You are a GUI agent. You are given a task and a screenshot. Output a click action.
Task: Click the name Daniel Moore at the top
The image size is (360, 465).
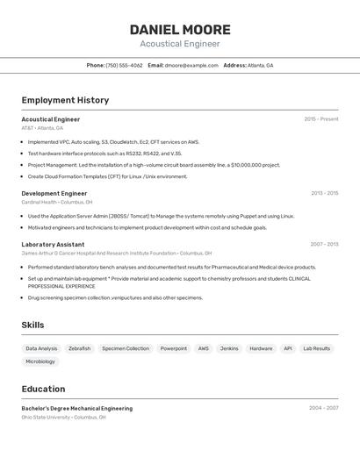(180, 29)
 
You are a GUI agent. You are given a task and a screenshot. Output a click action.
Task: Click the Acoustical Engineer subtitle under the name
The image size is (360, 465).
(180, 44)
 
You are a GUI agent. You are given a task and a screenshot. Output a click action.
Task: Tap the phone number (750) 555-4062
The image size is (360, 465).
(124, 65)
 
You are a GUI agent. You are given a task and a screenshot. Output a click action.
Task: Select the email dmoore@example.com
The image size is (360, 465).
(191, 65)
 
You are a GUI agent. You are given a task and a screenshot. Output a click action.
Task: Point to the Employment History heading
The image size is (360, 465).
(65, 100)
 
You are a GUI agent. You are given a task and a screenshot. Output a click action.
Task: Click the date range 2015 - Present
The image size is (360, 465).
(320, 119)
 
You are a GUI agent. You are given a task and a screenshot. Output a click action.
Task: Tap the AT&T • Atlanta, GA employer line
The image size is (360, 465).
(42, 128)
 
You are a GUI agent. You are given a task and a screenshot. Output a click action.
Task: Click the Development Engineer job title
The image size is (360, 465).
(54, 193)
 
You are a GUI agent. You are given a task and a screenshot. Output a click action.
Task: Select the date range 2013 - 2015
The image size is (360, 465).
(324, 193)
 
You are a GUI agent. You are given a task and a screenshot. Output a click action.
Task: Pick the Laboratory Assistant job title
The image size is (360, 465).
(53, 245)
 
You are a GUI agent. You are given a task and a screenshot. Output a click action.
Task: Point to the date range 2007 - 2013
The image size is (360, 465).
(324, 245)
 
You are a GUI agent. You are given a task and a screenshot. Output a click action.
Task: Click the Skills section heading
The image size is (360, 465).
(32, 325)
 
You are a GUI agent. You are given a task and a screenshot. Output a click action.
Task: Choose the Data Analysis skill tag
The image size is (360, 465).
(41, 348)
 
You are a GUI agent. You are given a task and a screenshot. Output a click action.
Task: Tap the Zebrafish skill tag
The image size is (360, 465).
(79, 348)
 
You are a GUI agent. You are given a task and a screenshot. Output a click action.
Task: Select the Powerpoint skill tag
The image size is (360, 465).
(173, 348)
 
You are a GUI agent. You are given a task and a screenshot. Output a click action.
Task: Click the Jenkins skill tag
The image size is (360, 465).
(229, 348)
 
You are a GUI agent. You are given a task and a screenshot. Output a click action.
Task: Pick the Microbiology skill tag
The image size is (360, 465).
(40, 361)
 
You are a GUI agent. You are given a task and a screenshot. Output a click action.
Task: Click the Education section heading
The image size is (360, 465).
(43, 389)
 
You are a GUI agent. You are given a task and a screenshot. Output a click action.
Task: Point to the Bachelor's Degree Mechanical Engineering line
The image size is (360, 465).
(77, 408)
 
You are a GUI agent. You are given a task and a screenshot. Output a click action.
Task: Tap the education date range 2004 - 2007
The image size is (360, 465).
(324, 408)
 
